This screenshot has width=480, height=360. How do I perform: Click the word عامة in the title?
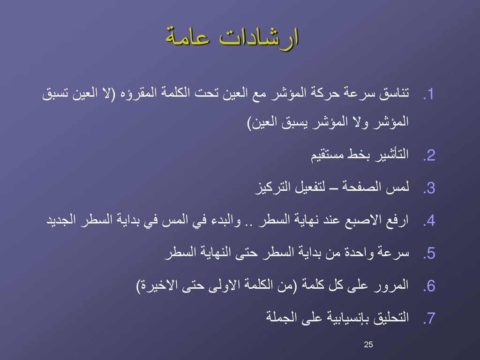187,37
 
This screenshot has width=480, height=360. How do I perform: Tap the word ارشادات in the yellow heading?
259,37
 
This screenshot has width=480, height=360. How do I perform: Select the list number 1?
428,94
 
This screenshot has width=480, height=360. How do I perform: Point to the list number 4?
429,221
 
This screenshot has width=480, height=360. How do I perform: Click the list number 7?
429,318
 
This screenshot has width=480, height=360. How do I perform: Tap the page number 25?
368,345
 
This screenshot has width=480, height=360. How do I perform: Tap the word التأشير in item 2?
389,154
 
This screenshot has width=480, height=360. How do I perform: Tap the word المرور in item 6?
391,285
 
